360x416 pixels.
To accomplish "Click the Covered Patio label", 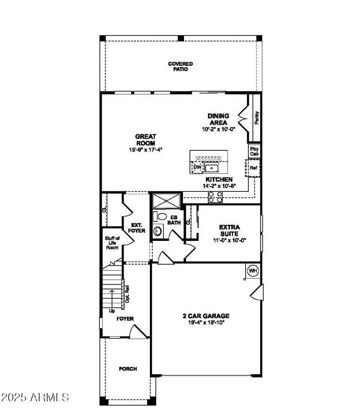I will [180, 67].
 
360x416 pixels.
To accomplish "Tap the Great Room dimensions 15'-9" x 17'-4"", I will [145, 149].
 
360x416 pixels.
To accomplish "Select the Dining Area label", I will [218, 119].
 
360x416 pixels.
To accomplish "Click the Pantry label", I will [256, 118].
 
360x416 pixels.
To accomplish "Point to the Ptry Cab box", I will [254, 151].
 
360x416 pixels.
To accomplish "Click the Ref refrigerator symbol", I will [253, 168].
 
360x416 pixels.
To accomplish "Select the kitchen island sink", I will [211, 168].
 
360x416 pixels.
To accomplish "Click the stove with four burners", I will [215, 196].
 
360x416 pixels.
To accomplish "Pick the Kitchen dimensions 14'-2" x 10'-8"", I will [219, 185].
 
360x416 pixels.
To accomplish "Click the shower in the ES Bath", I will [166, 200].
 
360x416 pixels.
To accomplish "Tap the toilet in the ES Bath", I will [159, 216].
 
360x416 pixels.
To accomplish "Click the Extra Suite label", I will [229, 231].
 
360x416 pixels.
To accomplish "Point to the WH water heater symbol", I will [252, 271].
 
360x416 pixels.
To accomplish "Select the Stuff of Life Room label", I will [112, 243].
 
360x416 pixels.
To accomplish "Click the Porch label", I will [128, 369].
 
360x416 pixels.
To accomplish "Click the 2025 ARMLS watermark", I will [35, 398].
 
